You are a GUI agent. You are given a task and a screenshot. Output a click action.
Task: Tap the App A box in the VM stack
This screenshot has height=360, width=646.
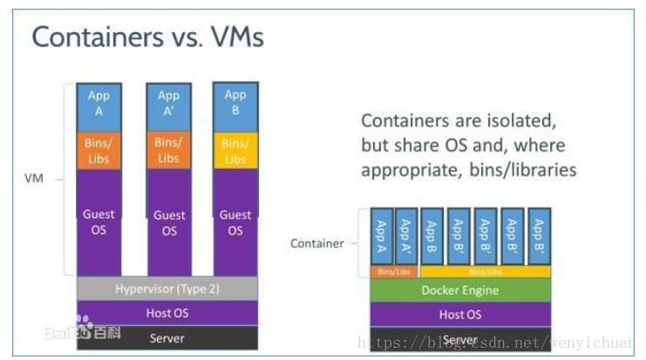point(99,103)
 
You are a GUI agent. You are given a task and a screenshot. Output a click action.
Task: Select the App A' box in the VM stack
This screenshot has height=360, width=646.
point(168,103)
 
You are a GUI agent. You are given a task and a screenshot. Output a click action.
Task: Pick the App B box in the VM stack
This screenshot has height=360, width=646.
point(235,103)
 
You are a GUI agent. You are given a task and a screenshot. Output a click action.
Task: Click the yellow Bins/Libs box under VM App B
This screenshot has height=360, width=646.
point(235,150)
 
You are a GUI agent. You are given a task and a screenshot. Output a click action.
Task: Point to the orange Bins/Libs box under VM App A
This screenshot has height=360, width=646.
point(99,150)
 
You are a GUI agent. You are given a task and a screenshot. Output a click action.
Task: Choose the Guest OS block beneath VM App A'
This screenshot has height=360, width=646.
point(168,222)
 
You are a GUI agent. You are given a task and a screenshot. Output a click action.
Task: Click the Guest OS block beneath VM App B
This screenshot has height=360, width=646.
point(235,222)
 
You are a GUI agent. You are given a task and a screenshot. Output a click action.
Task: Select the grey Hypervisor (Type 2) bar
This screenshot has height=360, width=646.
point(167,289)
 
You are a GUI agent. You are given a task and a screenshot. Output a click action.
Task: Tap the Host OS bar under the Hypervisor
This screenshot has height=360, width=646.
point(167,313)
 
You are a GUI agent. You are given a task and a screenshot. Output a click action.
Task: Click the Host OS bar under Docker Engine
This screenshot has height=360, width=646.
point(461,315)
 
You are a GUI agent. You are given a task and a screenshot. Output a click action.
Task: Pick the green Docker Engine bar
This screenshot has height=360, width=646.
point(461,290)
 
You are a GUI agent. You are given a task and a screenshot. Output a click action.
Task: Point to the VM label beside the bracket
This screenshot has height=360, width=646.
point(33,179)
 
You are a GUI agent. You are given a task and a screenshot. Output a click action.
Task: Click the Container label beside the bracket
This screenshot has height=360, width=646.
point(316,243)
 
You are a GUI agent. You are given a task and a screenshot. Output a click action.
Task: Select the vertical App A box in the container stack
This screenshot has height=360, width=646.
point(381,235)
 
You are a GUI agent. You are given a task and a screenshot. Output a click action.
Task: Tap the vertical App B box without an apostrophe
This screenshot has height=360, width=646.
point(432,235)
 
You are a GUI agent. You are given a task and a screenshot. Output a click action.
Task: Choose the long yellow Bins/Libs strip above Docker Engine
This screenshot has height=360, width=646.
point(486,272)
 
